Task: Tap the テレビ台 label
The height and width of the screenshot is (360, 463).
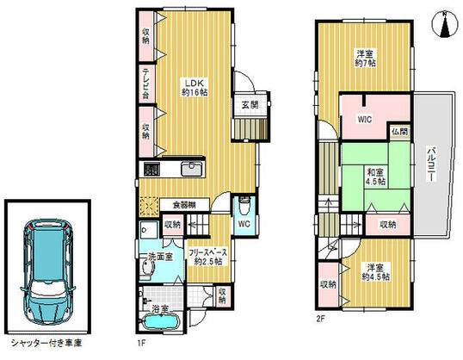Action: (x=147, y=83)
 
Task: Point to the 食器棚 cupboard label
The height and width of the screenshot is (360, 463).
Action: (x=182, y=204)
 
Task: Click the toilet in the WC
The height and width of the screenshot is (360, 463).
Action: (x=244, y=208)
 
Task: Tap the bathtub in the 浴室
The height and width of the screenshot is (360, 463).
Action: (x=161, y=323)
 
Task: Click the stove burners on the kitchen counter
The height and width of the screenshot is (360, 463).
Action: (x=151, y=169)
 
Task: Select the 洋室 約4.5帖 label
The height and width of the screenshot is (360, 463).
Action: (x=374, y=271)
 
